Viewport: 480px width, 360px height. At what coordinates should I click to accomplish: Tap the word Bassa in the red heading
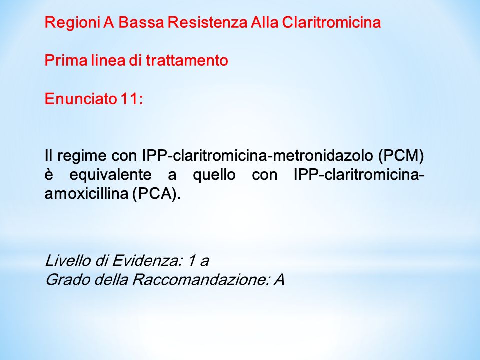[141, 22]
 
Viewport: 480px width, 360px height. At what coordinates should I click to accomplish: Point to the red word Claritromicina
[331, 22]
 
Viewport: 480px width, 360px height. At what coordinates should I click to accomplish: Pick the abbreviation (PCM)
[401, 156]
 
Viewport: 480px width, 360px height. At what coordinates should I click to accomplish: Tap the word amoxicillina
[86, 194]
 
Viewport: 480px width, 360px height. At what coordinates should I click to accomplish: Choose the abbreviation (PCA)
[156, 194]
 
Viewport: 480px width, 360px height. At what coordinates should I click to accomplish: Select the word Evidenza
[147, 261]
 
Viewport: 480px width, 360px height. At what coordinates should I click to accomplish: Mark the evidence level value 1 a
[199, 261]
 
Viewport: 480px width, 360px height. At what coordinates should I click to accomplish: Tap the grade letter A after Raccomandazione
[279, 279]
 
